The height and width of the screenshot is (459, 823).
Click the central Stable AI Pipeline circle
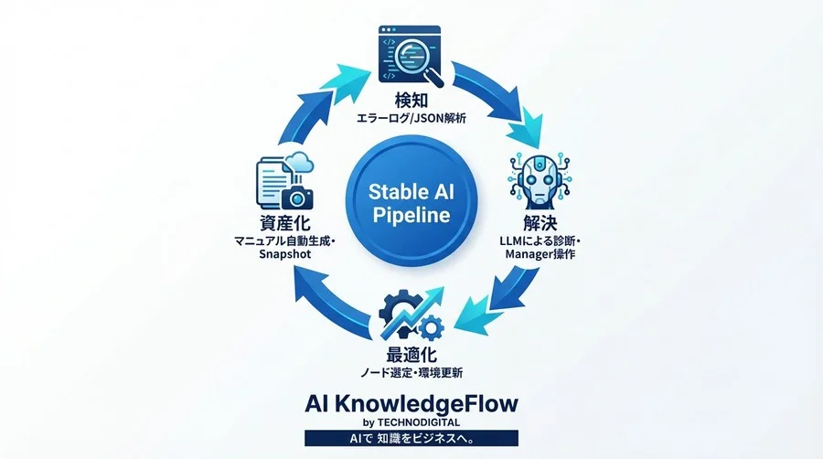click(x=411, y=201)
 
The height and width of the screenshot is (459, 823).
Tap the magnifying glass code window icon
click(x=411, y=57)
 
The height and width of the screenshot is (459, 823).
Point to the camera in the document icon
click(x=297, y=197)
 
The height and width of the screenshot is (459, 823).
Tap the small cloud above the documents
click(x=301, y=162)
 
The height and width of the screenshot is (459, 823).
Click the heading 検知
click(x=411, y=101)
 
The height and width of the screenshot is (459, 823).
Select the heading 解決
click(x=540, y=223)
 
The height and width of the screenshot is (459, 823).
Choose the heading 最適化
click(x=411, y=355)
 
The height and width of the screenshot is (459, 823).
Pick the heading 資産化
click(x=285, y=223)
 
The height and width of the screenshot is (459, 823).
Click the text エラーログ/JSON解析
click(x=411, y=119)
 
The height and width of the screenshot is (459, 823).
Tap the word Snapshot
click(x=285, y=254)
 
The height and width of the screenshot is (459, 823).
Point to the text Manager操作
click(x=540, y=254)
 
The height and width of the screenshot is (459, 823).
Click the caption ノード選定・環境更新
click(x=411, y=373)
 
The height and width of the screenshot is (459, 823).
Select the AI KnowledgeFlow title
click(x=411, y=404)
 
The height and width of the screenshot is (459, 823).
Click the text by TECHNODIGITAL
click(x=411, y=422)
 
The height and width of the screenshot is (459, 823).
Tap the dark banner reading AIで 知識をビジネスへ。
click(x=411, y=438)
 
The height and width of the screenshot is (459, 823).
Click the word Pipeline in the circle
click(x=411, y=215)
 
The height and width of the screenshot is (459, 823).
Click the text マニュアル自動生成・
click(x=285, y=240)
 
